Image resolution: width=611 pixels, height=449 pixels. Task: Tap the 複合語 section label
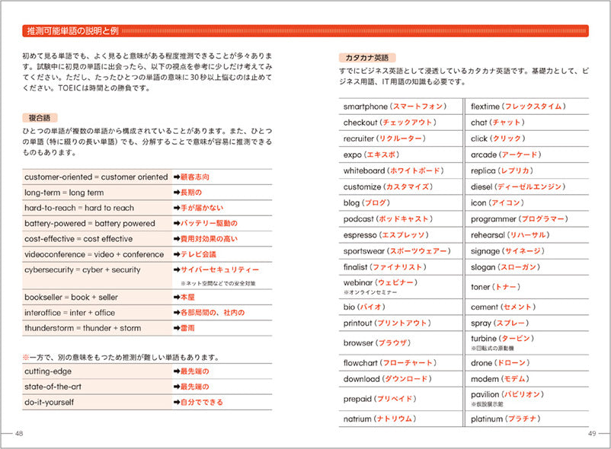pos(40,118)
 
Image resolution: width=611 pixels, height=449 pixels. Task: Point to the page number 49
pos(593,433)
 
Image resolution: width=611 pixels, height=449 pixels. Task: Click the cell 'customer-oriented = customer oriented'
pos(95,177)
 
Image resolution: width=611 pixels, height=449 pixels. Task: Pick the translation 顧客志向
pos(195,177)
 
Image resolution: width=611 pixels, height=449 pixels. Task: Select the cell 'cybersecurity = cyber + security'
pos(82,270)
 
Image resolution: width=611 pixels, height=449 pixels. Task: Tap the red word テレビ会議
pos(198,254)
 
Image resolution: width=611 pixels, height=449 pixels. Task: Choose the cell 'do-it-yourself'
pos(50,402)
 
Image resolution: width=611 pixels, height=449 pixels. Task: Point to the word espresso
pos(360,235)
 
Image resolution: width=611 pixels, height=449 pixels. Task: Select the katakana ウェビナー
pos(396,282)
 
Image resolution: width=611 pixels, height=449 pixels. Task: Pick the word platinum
pos(488,419)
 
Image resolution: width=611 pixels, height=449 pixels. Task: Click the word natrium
pos(357,419)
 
